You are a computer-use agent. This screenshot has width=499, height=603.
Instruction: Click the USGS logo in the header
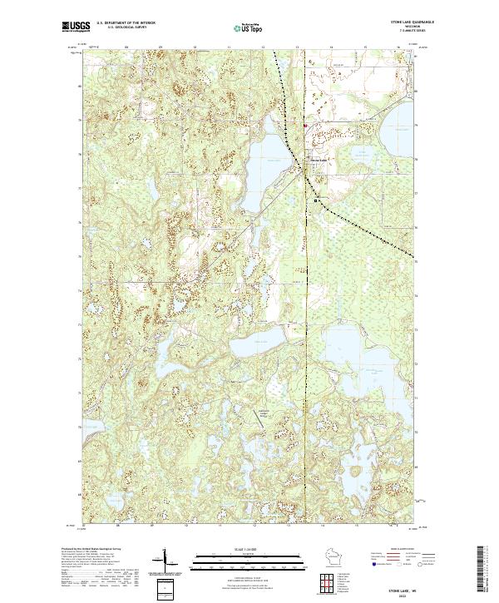tap(76, 27)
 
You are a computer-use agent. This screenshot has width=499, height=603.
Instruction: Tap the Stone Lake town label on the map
tap(319, 160)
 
